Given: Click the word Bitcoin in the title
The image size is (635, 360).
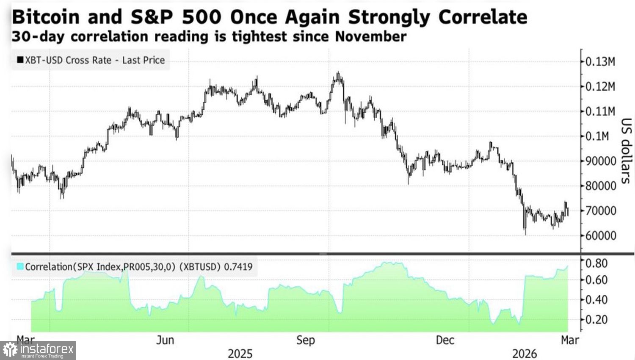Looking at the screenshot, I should pos(46,17).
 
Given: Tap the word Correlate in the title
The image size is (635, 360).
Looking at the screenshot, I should pos(483,17).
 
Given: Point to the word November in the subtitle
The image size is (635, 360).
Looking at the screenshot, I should pos(371,37).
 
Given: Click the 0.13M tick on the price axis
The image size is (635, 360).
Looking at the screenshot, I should pos(600,62).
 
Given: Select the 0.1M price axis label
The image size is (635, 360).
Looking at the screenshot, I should pos(597,136).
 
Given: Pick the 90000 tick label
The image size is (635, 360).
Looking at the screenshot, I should pos(601,161).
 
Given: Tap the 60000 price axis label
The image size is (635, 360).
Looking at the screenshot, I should pos(601,236).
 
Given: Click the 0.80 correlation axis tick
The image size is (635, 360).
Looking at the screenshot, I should pos(596,263).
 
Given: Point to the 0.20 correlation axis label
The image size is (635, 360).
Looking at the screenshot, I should pos(596,320).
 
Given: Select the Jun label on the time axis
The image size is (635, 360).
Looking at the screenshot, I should pos(165,340).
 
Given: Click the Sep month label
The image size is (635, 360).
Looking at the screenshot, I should pos(306,340).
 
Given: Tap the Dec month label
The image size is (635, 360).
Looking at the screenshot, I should pos(445,340).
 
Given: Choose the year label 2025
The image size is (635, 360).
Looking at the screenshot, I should pos(240,354).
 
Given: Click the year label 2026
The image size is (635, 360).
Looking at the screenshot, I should pos(525,354).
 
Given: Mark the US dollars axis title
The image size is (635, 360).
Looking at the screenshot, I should pos(626,150).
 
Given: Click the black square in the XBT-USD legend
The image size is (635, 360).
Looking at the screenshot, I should pos(20,60).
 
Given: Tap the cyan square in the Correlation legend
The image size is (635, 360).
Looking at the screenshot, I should pos(20,267).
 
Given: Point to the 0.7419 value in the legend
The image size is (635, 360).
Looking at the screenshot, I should pos(238,267).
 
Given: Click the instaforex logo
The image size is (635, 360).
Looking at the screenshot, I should pos(38,351).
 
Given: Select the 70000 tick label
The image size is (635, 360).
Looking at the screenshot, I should pos(601,211).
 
